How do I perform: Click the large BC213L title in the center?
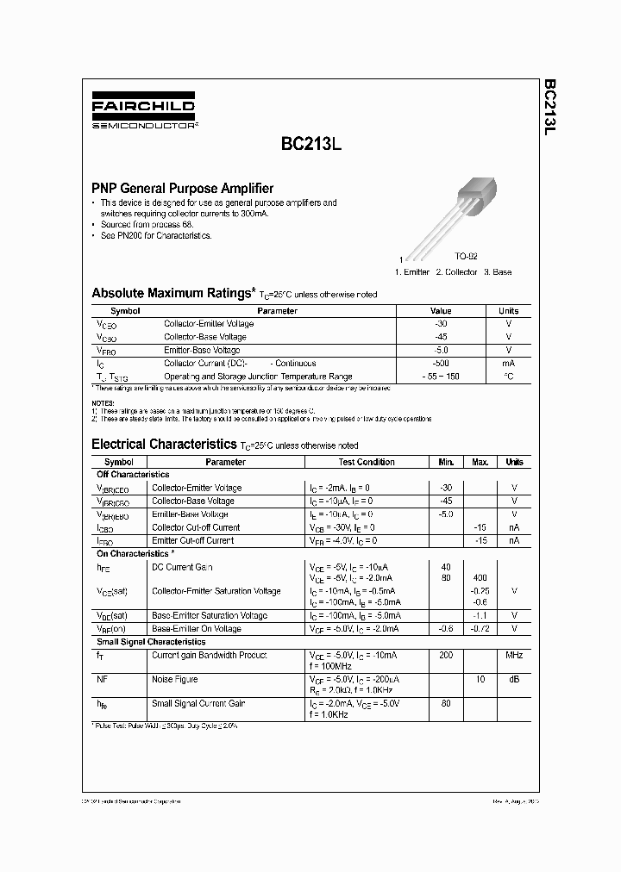310,146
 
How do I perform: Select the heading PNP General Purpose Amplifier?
183,188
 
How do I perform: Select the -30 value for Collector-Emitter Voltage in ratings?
441,324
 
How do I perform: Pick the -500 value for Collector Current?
441,364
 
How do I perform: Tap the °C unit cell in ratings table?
509,377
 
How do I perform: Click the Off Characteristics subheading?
133,475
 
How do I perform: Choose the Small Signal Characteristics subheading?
151,642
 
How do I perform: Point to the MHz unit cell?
514,656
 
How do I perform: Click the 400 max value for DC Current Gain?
480,577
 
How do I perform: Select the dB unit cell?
514,679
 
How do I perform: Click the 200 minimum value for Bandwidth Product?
446,656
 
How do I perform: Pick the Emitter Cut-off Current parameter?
192,540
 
